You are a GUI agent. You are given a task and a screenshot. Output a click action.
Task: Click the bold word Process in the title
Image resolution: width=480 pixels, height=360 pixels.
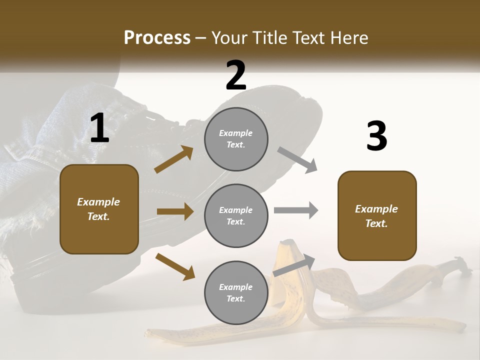click(x=157, y=38)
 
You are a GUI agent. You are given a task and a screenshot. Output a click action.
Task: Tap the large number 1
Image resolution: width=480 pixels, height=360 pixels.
click(x=99, y=128)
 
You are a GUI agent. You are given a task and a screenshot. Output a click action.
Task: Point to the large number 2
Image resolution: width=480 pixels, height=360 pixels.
click(x=236, y=75)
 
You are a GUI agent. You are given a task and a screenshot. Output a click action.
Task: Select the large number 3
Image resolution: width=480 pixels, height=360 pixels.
click(x=376, y=137)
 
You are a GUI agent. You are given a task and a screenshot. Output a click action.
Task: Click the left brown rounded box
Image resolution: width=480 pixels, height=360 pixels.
click(x=99, y=209)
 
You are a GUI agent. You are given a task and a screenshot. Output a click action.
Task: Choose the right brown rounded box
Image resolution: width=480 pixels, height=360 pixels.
click(x=377, y=215)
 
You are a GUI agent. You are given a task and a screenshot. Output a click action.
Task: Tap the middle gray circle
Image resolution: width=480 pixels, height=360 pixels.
click(x=236, y=215)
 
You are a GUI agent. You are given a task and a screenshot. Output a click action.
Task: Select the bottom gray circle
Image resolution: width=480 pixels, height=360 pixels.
click(x=236, y=293)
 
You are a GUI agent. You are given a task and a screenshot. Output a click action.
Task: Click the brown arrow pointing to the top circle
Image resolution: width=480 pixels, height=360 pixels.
click(x=173, y=159)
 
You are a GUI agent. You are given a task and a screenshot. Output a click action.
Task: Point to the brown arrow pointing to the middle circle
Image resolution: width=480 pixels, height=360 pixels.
click(x=175, y=211)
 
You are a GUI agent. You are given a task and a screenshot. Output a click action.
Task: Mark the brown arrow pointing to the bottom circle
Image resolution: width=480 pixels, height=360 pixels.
click(x=175, y=266)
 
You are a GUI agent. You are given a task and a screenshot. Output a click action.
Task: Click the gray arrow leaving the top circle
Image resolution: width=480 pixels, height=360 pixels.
click(x=297, y=160)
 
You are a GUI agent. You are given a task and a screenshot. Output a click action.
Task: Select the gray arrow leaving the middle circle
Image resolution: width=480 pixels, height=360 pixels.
click(x=295, y=210)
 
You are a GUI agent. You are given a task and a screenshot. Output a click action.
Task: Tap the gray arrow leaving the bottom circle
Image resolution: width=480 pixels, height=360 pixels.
click(x=294, y=265)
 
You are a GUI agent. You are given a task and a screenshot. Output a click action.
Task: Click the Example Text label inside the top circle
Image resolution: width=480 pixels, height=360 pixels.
click(x=236, y=139)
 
